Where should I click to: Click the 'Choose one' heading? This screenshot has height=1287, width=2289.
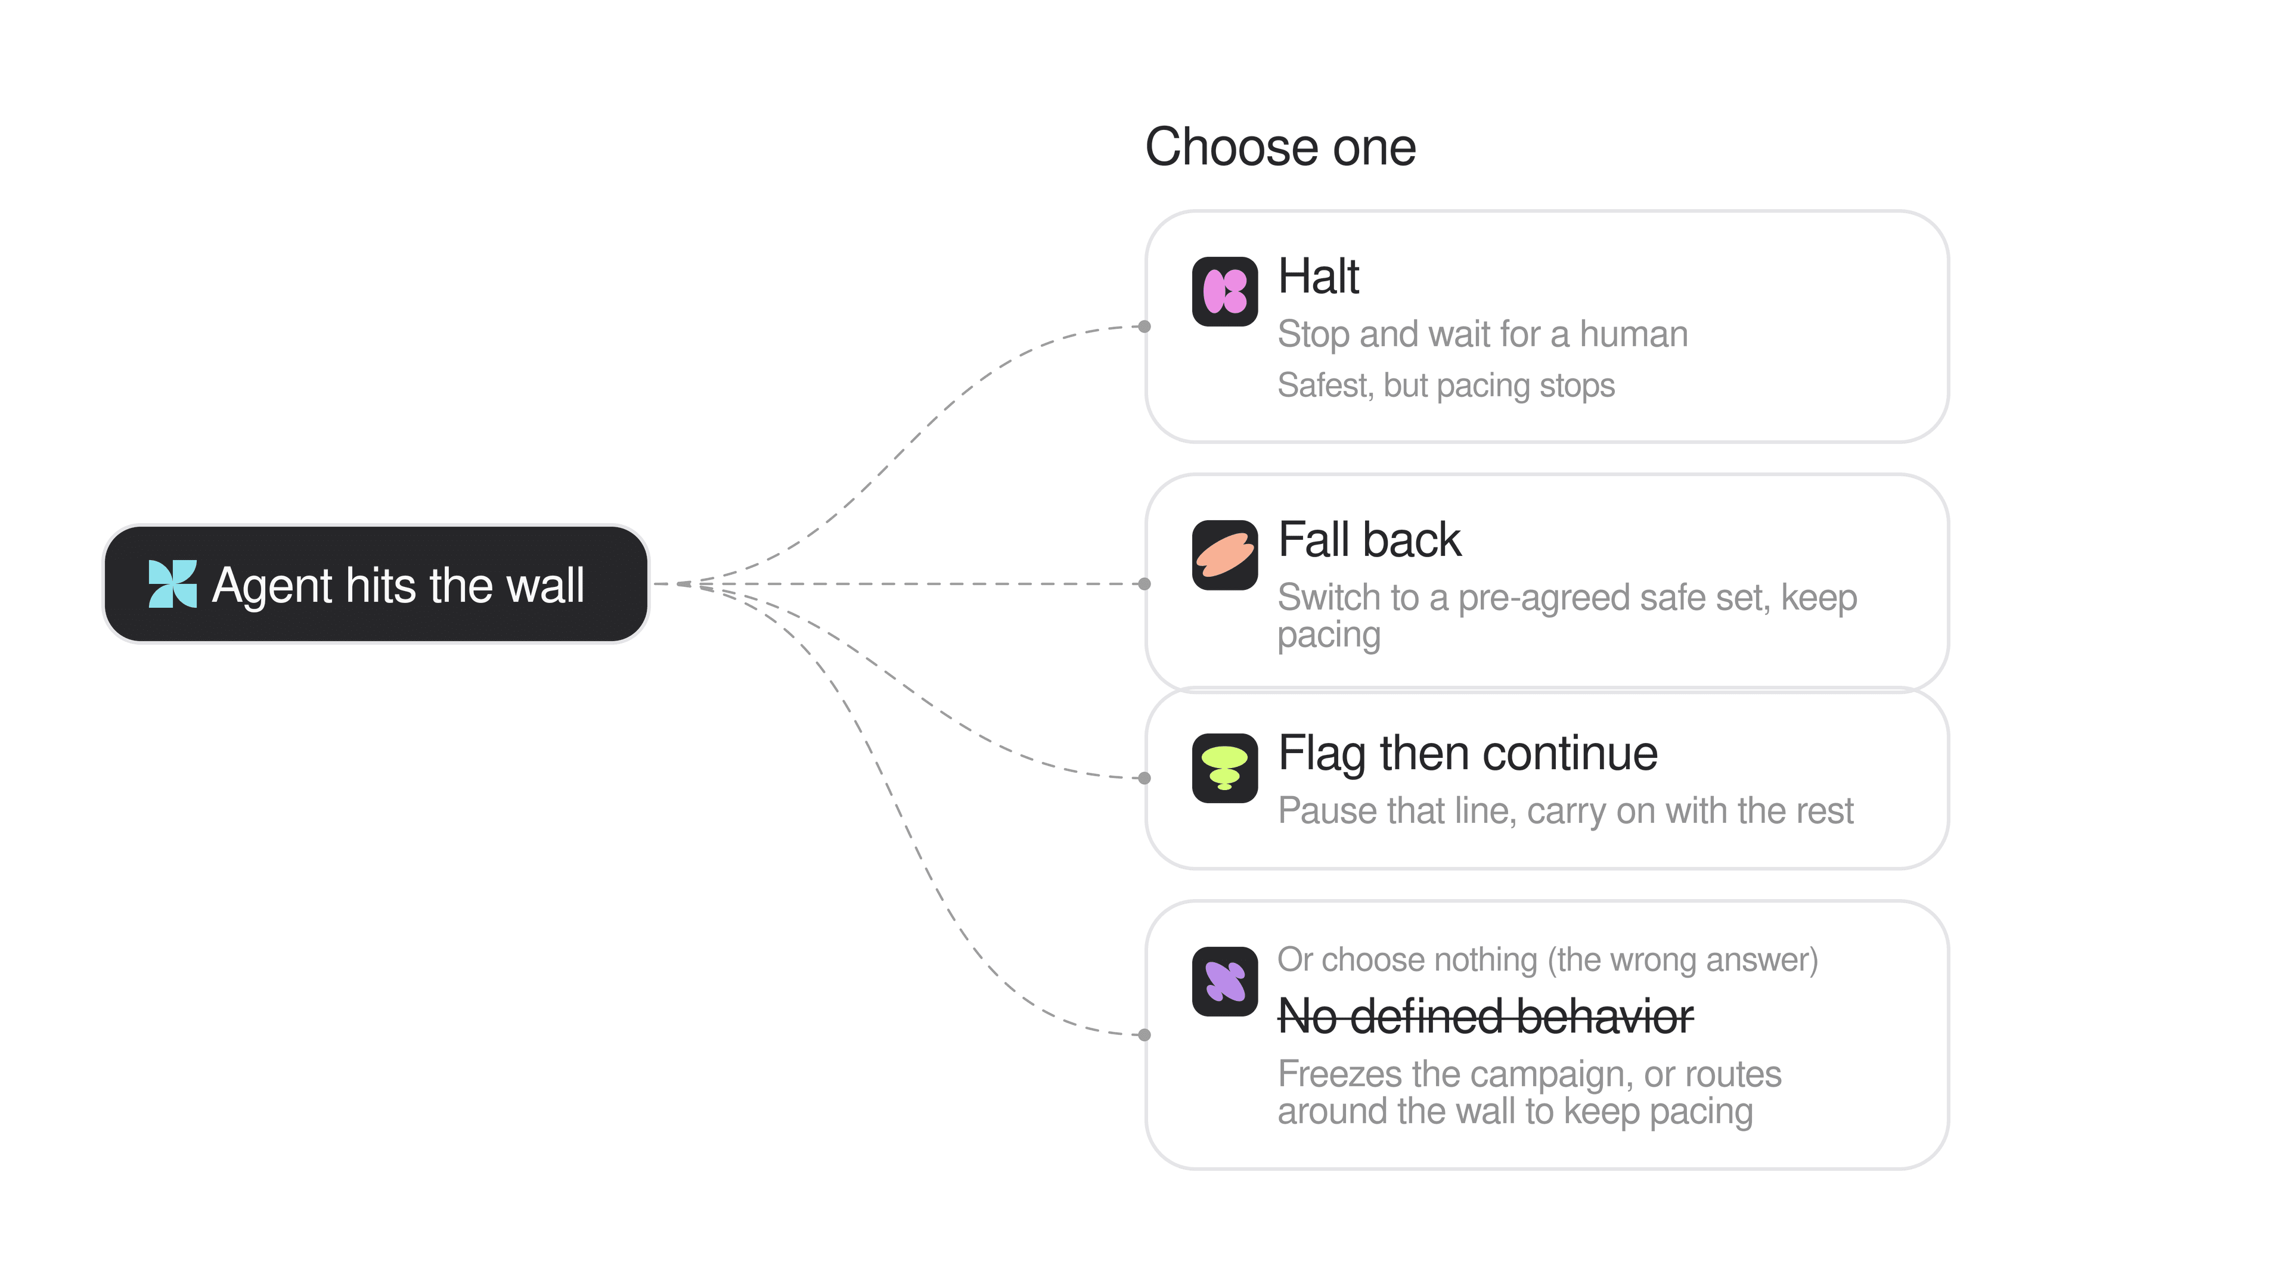[1280, 147]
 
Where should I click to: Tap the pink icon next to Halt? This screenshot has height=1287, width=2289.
[1224, 291]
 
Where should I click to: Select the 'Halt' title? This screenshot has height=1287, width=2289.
[1319, 276]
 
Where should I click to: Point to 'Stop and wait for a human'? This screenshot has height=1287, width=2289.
[1482, 334]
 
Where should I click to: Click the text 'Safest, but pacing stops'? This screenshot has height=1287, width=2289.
[1446, 386]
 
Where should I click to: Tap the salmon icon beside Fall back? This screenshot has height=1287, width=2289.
[1224, 555]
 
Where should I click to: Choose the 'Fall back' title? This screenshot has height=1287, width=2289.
[1369, 539]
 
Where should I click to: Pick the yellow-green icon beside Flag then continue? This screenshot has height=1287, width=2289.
[1224, 768]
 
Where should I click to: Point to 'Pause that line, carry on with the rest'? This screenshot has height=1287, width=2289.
[1566, 811]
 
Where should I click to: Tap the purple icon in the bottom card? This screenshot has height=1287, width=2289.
[1224, 981]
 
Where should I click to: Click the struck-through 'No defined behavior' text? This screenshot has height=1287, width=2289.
[1485, 1017]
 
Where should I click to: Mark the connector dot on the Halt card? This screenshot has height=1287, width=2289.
[1144, 327]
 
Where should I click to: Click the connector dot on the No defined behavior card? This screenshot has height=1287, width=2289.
[1144, 1035]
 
